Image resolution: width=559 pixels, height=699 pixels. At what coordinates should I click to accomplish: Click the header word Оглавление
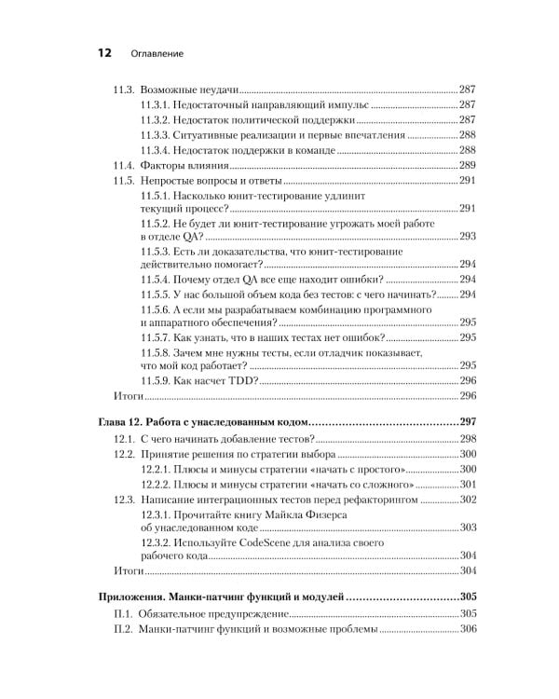coord(156,55)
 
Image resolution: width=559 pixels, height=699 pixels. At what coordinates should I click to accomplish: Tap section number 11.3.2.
coord(159,120)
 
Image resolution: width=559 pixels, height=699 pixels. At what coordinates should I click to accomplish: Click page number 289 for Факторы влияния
coord(468,165)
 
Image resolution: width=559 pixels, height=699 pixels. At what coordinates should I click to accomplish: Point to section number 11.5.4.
coord(159,279)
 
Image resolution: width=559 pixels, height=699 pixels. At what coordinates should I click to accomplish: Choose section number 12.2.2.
coord(159,485)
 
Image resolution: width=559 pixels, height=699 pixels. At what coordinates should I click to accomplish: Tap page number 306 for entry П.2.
coord(468,630)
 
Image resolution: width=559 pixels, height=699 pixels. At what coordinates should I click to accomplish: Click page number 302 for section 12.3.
coord(468,500)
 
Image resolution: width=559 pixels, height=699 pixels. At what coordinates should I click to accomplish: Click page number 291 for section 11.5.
coord(468,181)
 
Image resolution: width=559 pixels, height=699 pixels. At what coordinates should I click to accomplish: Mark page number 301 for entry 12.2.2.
coord(468,485)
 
